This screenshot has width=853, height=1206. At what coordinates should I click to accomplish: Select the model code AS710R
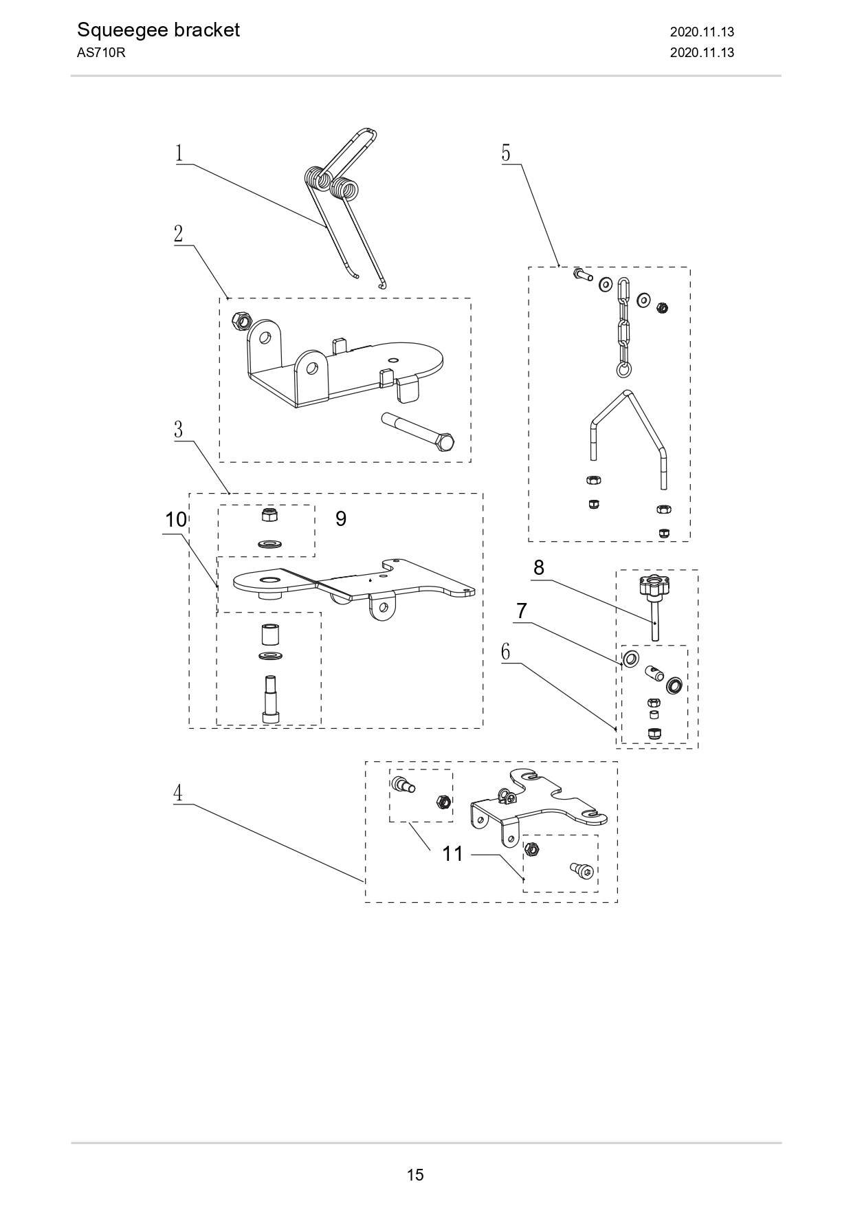(101, 53)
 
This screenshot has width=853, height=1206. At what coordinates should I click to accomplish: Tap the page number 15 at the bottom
(415, 1174)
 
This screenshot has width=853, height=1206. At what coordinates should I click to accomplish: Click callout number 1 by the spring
(179, 153)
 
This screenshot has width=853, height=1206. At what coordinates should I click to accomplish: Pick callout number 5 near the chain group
(506, 153)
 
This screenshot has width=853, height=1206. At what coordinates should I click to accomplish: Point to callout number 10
(176, 520)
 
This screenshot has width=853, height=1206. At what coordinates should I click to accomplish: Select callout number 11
(453, 854)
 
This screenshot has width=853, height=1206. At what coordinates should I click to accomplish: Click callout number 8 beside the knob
(539, 568)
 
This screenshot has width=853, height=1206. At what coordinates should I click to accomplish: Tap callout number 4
(178, 793)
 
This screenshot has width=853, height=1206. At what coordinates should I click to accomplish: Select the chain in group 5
(623, 327)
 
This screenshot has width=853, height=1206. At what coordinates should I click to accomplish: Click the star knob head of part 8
(654, 586)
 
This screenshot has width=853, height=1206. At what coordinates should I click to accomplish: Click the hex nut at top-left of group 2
(241, 320)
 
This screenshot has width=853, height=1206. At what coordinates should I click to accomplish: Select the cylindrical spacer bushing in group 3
(269, 633)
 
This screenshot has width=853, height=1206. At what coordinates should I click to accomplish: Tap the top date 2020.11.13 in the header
(702, 32)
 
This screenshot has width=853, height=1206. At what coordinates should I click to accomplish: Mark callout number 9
(341, 519)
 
